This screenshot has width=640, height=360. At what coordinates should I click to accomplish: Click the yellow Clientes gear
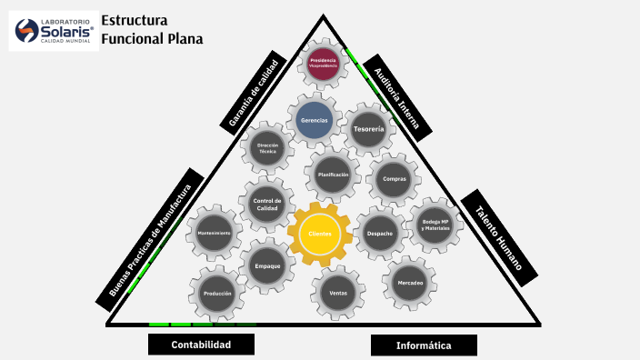319,234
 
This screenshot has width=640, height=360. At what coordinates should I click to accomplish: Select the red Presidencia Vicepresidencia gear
323,63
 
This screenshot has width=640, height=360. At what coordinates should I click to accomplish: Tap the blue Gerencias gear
314,120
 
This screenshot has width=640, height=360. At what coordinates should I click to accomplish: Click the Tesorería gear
368,129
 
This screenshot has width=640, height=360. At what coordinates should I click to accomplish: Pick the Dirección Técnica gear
267,148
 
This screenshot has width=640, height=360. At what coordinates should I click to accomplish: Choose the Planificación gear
333,174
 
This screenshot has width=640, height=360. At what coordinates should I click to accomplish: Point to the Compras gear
394,180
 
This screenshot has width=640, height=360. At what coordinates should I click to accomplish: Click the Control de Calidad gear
267,205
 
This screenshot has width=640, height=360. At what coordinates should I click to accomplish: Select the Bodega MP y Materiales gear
435,224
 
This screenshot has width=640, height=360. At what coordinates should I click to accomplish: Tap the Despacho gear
380,234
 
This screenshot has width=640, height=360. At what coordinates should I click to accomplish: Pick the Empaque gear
267,265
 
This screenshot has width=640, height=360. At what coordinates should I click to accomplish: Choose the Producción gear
217,294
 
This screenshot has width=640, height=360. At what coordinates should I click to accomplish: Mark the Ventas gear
338,293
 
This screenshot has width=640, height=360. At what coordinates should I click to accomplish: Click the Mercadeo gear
410,284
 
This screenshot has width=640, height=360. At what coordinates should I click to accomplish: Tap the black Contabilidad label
201,345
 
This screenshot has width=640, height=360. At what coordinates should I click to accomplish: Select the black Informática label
424,345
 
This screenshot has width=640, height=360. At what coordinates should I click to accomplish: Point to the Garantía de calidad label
254,90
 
